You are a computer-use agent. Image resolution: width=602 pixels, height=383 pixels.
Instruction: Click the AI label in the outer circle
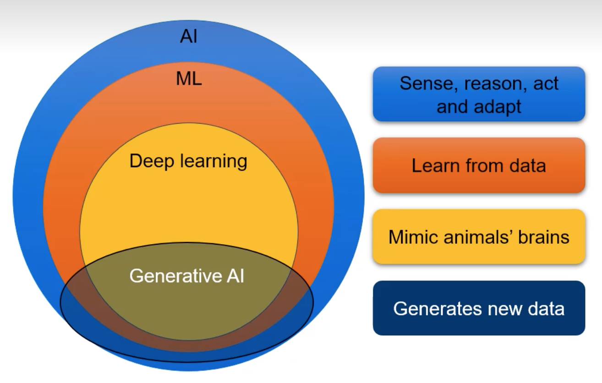[189, 36]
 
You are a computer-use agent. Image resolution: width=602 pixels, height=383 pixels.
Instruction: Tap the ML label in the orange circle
[189, 79]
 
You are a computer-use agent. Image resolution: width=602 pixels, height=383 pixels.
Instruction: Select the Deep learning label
[188, 161]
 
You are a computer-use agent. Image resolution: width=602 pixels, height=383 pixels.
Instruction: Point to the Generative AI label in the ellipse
[186, 276]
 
